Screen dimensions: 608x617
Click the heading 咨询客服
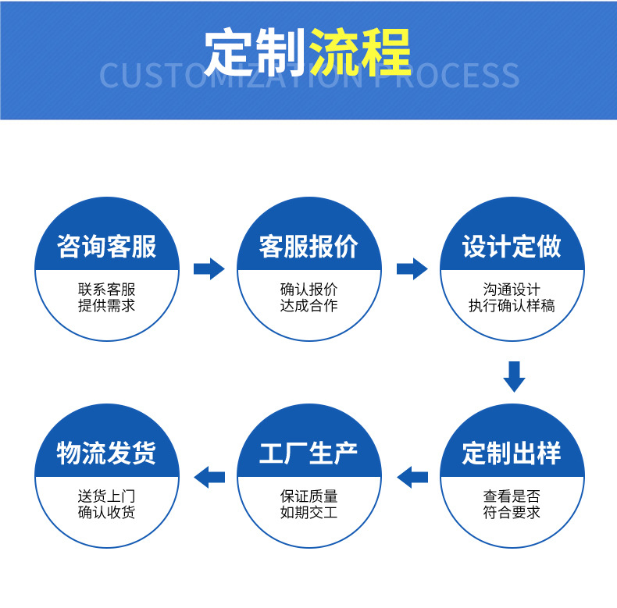tap(106, 247)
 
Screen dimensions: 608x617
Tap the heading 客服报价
tap(308, 247)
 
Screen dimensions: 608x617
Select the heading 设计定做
tap(512, 247)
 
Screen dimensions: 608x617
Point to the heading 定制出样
tap(512, 453)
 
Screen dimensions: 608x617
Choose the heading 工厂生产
tap(308, 453)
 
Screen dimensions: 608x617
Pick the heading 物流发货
tap(106, 453)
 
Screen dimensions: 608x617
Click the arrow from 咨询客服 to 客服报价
tap(209, 269)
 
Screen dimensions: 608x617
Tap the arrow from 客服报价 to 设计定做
tap(412, 269)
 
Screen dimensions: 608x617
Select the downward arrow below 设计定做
tap(513, 375)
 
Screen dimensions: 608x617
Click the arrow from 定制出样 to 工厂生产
tap(412, 476)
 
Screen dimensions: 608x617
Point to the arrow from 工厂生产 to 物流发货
tap(209, 476)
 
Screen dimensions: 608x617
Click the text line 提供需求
tap(106, 306)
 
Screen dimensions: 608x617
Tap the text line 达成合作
tap(308, 306)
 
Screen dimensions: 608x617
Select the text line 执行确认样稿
tap(512, 306)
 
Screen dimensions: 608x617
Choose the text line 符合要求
tap(512, 513)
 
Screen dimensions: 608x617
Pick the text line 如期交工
tap(308, 513)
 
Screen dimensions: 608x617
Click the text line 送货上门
tap(106, 496)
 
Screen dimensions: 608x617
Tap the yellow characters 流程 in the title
tap(360, 52)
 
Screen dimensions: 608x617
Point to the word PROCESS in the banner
tap(448, 76)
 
